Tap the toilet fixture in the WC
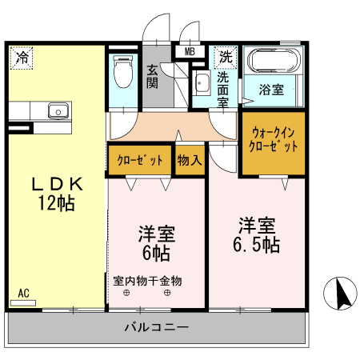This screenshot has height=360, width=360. pyautogui.click(x=123, y=73)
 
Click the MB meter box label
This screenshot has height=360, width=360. pyautogui.click(x=190, y=52)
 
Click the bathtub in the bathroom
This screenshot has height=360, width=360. pyautogui.click(x=274, y=62)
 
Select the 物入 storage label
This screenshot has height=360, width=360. pyautogui.click(x=189, y=160)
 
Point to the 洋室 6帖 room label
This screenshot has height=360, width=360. pyautogui.click(x=157, y=244)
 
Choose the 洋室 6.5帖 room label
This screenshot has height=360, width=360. pyautogui.click(x=257, y=233)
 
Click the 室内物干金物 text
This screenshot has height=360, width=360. pyautogui.click(x=147, y=281)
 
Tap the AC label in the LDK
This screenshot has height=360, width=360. pyautogui.click(x=24, y=293)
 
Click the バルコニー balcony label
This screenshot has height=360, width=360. pyautogui.click(x=156, y=326)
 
